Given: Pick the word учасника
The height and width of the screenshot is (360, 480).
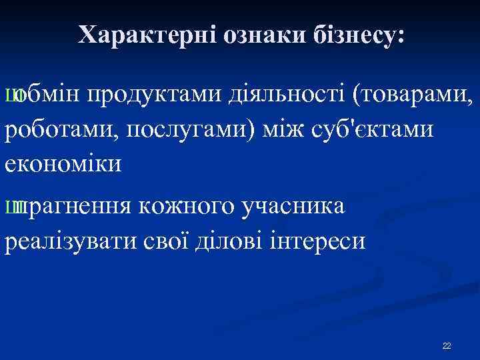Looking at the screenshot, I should click(x=293, y=207).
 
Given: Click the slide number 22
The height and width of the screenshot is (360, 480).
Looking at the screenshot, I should click(x=447, y=345).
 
